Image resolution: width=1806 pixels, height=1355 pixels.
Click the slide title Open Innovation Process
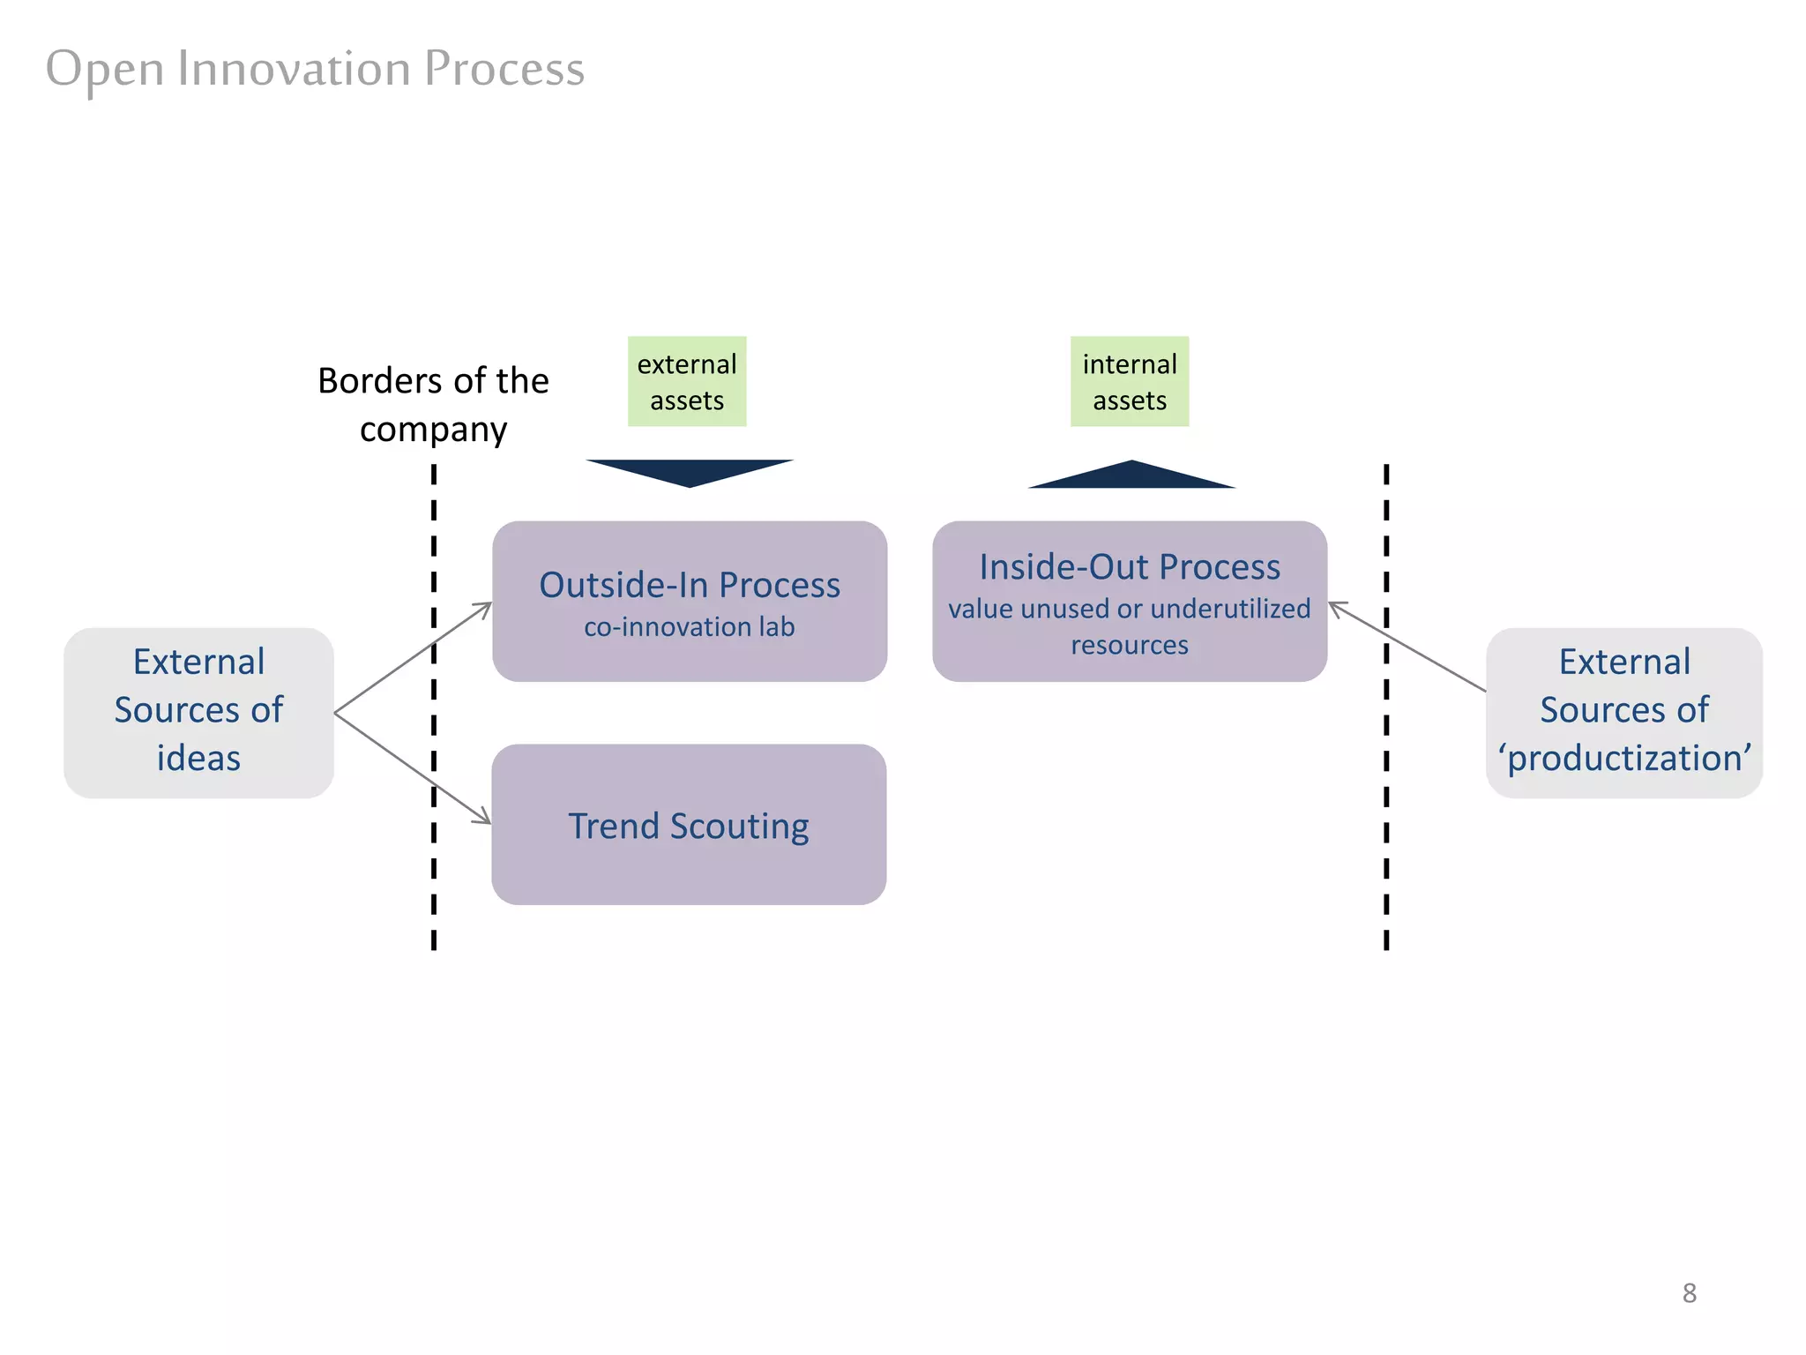tap(315, 69)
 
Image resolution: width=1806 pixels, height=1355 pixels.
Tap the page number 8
tap(1689, 1293)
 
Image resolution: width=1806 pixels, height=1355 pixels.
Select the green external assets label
tap(687, 382)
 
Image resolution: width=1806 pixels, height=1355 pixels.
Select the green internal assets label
tap(1130, 382)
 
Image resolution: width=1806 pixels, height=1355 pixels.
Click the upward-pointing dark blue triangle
tap(1131, 475)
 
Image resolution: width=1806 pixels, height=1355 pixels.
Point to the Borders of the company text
tap(433, 405)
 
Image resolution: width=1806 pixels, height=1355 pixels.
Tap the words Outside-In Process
tap(690, 585)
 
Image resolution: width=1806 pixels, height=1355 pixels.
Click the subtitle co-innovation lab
tap(690, 627)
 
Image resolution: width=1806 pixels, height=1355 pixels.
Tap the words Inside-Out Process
tap(1130, 566)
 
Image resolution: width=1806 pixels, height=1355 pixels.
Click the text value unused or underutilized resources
tap(1130, 626)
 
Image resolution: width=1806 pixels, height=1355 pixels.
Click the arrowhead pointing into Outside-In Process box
tap(486, 606)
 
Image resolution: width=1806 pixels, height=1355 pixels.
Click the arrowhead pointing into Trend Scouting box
tap(484, 820)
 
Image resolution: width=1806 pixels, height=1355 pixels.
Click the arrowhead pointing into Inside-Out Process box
tap(1335, 607)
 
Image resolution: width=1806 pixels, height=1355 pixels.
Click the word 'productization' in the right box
tap(1624, 759)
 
